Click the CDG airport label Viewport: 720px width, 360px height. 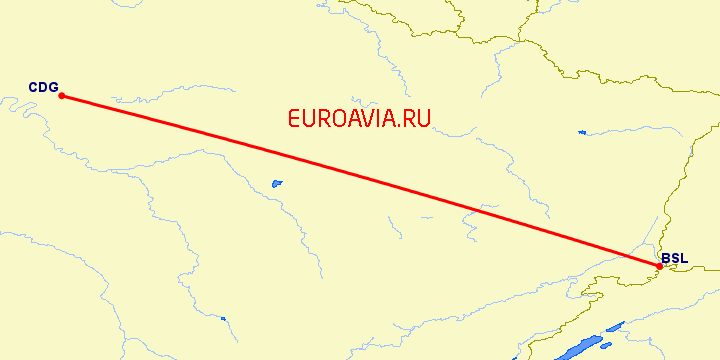click(x=43, y=87)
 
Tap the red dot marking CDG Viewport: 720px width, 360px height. click(x=62, y=96)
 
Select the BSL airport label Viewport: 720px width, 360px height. click(x=674, y=258)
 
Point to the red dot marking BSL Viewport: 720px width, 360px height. click(x=659, y=265)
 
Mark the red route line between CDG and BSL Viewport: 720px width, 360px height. click(x=360, y=180)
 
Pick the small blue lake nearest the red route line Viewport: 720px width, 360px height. click(x=277, y=184)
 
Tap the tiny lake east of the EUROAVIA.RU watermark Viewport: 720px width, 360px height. click(x=581, y=132)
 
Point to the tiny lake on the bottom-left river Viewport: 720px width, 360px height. click(x=223, y=319)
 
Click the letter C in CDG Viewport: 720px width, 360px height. click(x=33, y=87)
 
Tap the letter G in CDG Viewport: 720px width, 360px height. click(x=53, y=87)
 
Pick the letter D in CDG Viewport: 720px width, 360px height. click(x=43, y=87)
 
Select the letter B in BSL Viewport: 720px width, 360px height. click(x=666, y=258)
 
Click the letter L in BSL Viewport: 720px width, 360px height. click(x=684, y=258)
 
